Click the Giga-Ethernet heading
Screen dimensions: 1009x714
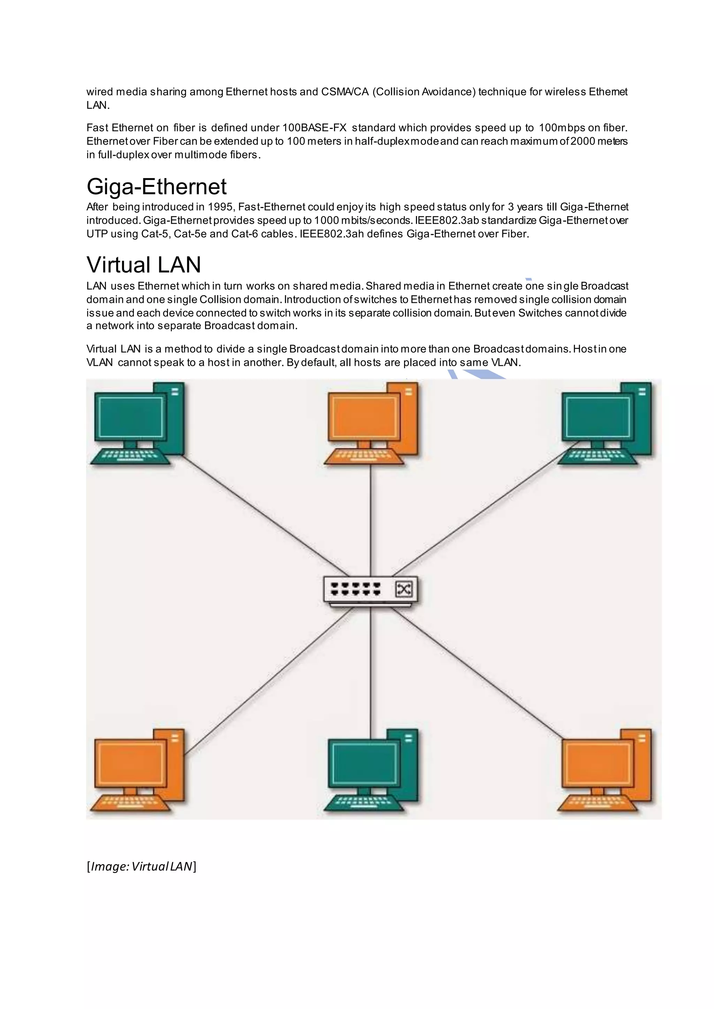tap(157, 187)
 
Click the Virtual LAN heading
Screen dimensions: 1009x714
tap(144, 265)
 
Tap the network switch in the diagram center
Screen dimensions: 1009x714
tap(370, 590)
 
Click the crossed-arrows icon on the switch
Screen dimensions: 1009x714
tap(404, 589)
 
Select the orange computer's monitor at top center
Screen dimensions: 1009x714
tap(364, 416)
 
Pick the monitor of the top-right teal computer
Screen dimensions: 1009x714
tap(597, 416)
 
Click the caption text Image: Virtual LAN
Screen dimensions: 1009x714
tap(141, 866)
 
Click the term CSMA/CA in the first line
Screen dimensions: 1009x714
tap(345, 92)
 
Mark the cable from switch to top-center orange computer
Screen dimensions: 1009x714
tap(371, 518)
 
